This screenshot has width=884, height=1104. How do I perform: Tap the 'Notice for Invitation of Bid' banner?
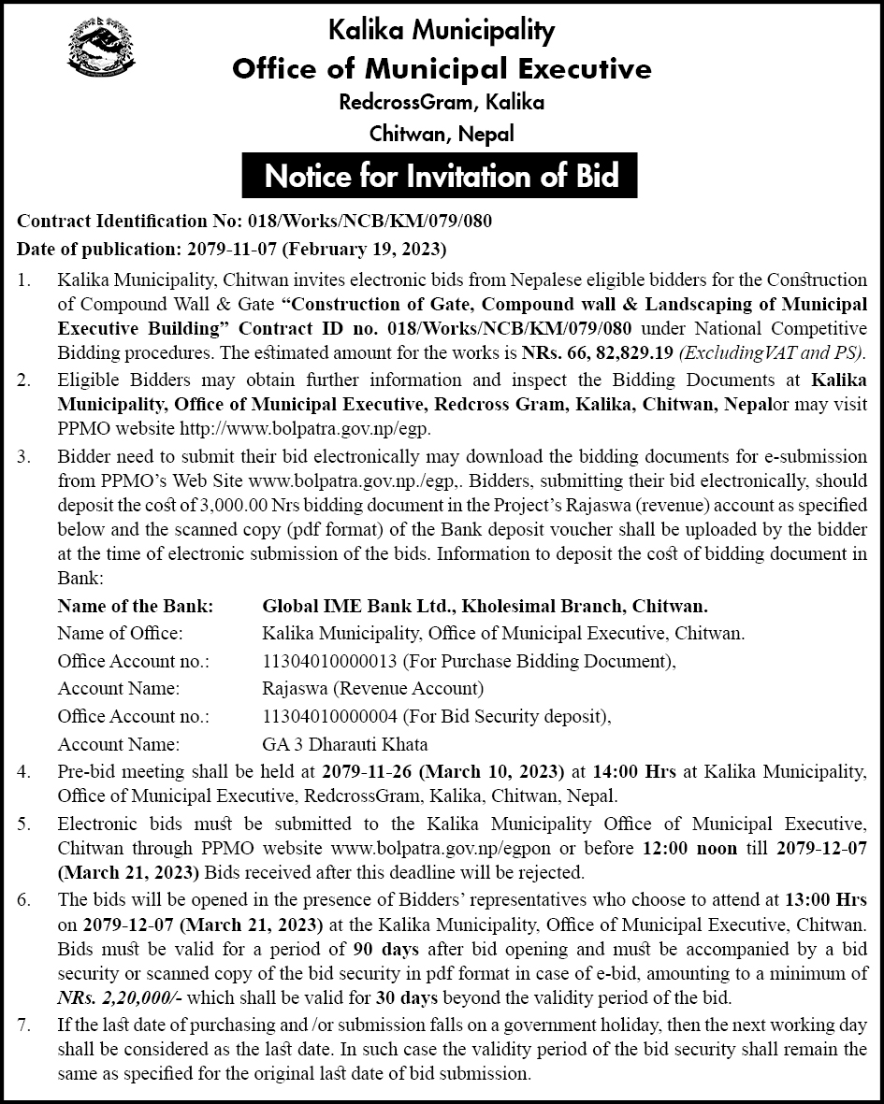coord(442,175)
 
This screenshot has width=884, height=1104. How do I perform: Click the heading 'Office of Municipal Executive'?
coord(442,68)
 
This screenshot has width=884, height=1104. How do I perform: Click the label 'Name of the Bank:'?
coord(136,606)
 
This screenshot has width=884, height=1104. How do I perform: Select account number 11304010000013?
coord(331,661)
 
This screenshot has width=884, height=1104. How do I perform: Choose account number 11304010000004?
coord(331,717)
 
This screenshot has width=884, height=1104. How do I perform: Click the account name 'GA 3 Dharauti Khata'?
coord(345,745)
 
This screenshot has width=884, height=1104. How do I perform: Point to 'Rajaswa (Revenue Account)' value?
coord(373,689)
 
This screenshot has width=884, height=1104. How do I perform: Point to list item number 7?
coord(25,1025)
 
